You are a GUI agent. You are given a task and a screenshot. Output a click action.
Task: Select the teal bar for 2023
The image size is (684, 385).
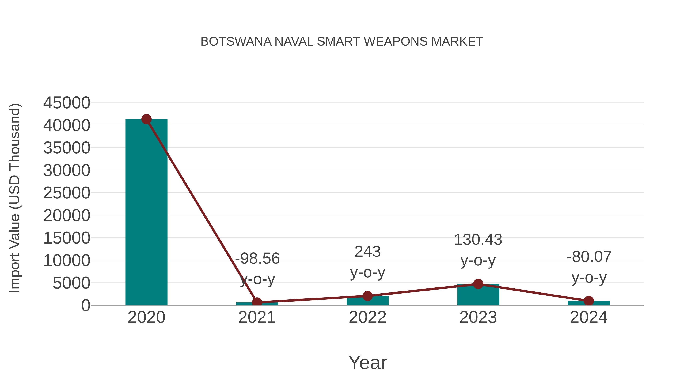coord(478,295)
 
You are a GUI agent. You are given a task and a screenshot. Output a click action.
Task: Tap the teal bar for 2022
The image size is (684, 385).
coord(367,301)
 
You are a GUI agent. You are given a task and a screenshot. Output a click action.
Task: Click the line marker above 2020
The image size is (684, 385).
coord(146,119)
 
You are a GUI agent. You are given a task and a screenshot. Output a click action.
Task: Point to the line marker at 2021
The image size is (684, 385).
coord(257,302)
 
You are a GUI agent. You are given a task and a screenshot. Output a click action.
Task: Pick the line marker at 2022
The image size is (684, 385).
coord(367,296)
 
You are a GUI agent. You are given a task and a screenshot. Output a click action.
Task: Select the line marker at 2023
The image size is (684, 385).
coord(478,284)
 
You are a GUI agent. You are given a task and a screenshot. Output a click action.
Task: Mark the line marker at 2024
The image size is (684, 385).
coord(589,301)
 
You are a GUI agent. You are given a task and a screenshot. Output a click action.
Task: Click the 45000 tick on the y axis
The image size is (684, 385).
coord(67,103)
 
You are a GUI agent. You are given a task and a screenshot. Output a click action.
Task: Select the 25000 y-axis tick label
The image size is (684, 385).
coord(67,193)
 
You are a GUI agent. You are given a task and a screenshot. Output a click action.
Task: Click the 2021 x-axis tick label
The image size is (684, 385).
coord(257,317)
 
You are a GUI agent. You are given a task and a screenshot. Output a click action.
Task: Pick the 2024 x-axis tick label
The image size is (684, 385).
coord(589,317)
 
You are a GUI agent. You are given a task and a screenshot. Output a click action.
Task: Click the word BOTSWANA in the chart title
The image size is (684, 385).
coord(236,42)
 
